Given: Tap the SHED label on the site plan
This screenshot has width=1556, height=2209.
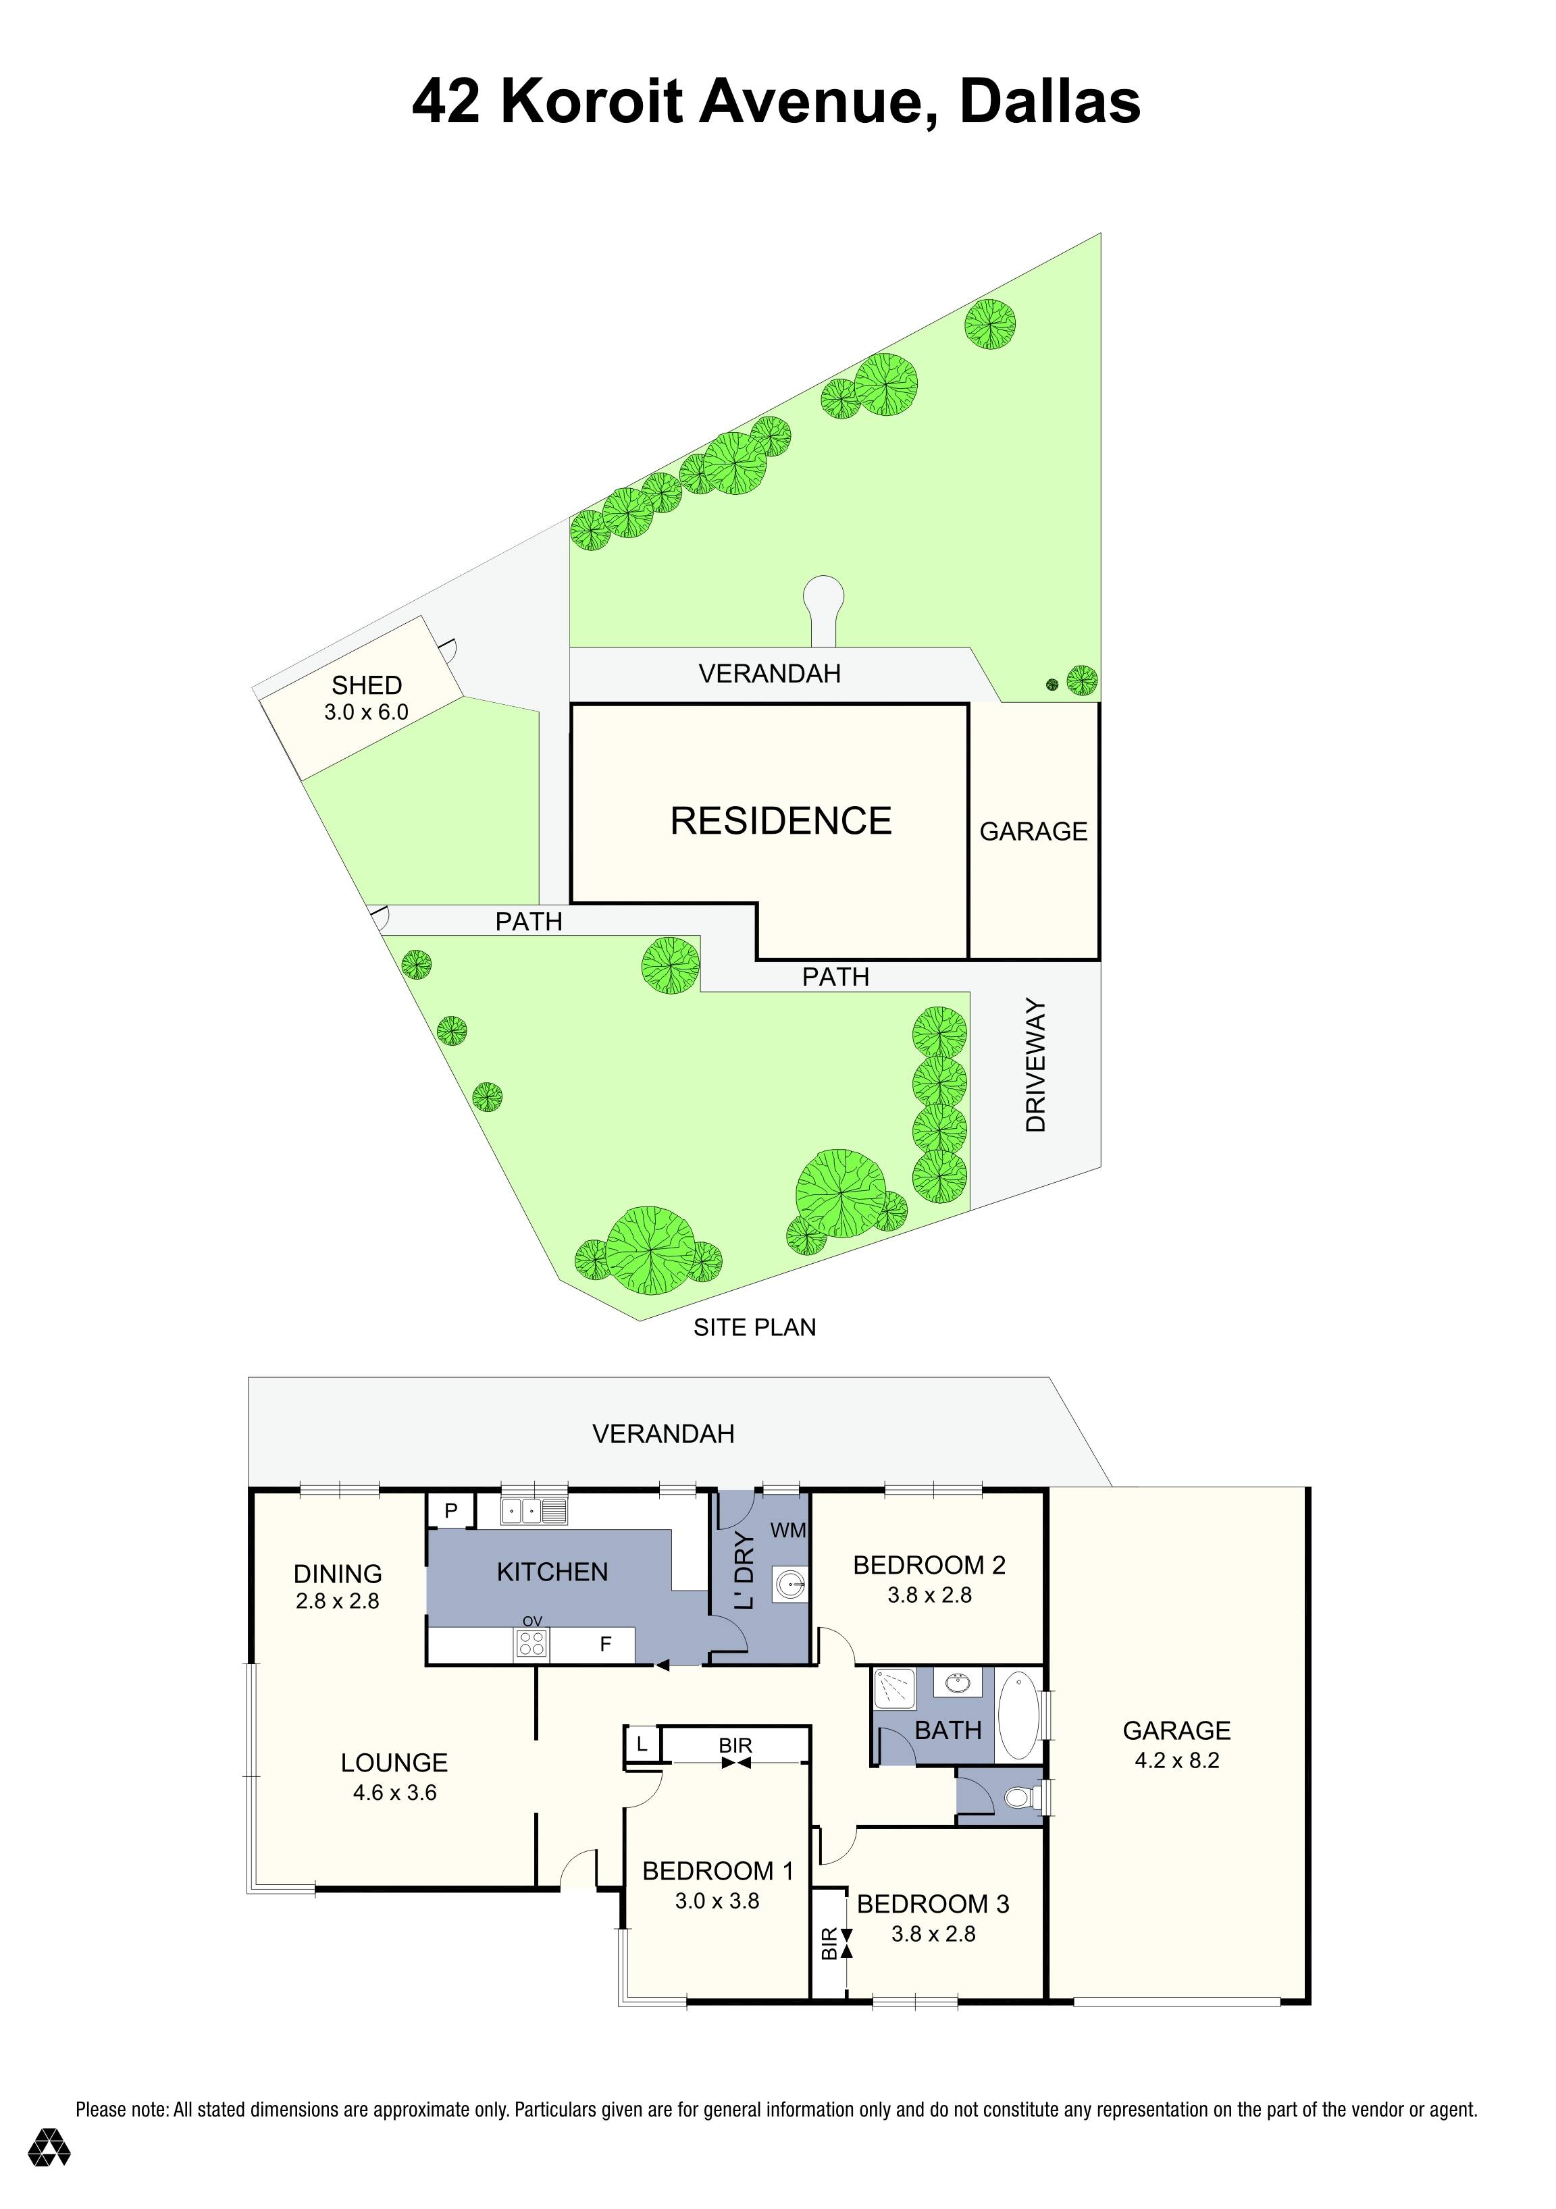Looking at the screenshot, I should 367,685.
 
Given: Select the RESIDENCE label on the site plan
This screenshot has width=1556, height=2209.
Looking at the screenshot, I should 781,821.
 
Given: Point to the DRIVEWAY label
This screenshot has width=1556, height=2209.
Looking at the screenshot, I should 1035,1065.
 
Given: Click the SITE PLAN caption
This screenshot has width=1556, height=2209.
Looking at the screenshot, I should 754,1328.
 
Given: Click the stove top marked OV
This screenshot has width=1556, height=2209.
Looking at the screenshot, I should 532,1644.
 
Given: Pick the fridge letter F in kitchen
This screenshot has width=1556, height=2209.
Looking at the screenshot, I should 605,1644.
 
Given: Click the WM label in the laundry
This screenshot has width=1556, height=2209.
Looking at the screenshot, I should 788,1531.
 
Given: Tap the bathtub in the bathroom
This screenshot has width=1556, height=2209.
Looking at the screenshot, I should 1019,1715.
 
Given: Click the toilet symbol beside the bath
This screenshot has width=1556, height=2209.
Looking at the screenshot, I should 1017,1797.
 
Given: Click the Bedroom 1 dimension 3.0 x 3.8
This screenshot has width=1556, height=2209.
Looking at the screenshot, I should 717,1900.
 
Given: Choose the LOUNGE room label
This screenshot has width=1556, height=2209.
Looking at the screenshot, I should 394,1763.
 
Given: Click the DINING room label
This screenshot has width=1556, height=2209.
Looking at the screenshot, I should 338,1574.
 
